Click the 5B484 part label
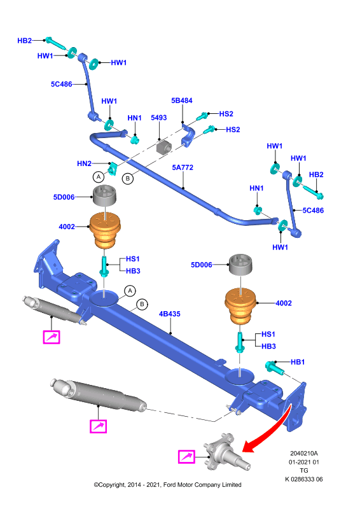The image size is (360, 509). click(182, 101)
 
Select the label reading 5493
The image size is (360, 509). click(159, 118)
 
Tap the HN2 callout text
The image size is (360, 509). click(84, 164)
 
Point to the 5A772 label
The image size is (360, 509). click(183, 167)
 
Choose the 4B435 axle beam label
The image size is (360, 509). click(169, 314)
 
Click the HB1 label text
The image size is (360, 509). click(297, 362)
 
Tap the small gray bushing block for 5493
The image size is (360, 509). click(163, 147)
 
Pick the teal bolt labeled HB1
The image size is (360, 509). click(275, 368)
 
